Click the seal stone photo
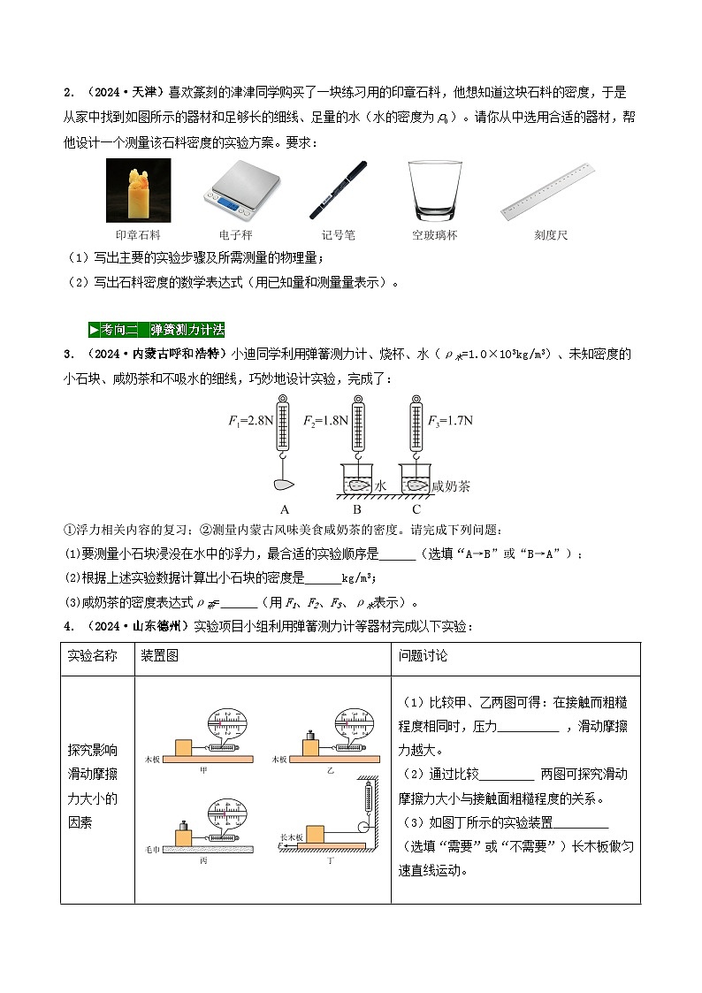(x=137, y=189)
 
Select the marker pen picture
(x=338, y=189)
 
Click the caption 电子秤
(x=237, y=235)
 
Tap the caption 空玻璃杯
(x=434, y=235)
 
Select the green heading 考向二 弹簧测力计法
(x=156, y=330)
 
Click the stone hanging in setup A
(x=285, y=484)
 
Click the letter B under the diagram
(x=357, y=509)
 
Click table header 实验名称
(x=92, y=656)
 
